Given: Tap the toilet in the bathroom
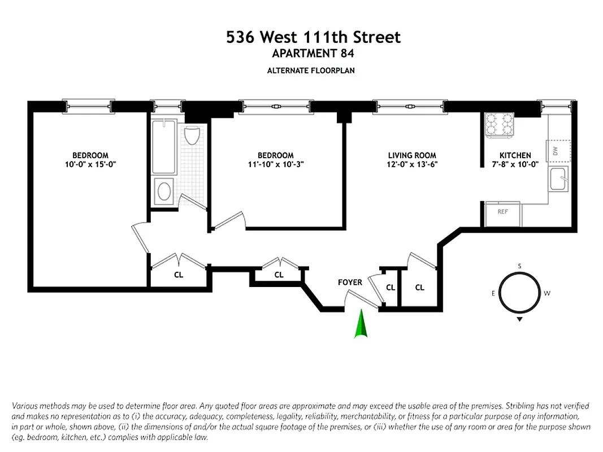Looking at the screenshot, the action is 191,134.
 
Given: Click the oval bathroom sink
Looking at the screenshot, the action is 164,191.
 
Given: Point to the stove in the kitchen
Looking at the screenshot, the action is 500,125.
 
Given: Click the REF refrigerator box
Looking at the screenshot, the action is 502,213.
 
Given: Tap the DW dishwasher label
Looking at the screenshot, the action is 555,151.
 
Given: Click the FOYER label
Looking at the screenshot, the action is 350,282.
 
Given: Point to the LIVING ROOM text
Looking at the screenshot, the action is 411,155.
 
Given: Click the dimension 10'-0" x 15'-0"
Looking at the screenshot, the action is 90,164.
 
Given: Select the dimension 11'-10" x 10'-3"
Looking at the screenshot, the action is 276,164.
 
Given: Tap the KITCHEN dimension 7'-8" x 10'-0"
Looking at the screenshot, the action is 515,164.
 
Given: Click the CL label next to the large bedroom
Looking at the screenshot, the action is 178,275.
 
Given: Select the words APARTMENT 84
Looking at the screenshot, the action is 313,54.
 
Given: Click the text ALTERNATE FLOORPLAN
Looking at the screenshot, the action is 313,71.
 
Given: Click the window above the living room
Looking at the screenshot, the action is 410,106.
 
